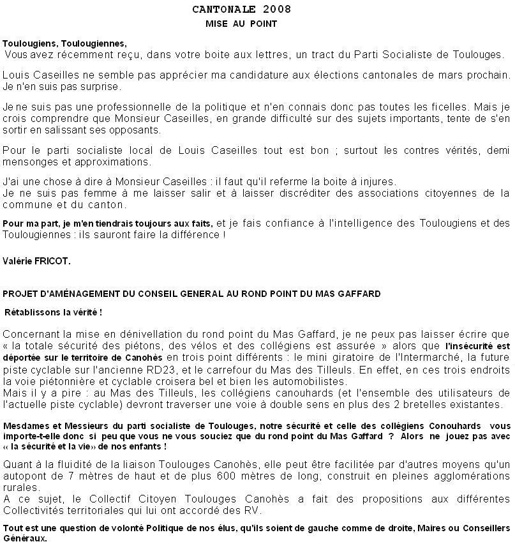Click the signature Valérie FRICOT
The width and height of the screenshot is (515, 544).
(37, 262)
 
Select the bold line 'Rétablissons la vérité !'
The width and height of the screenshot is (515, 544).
(54, 313)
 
